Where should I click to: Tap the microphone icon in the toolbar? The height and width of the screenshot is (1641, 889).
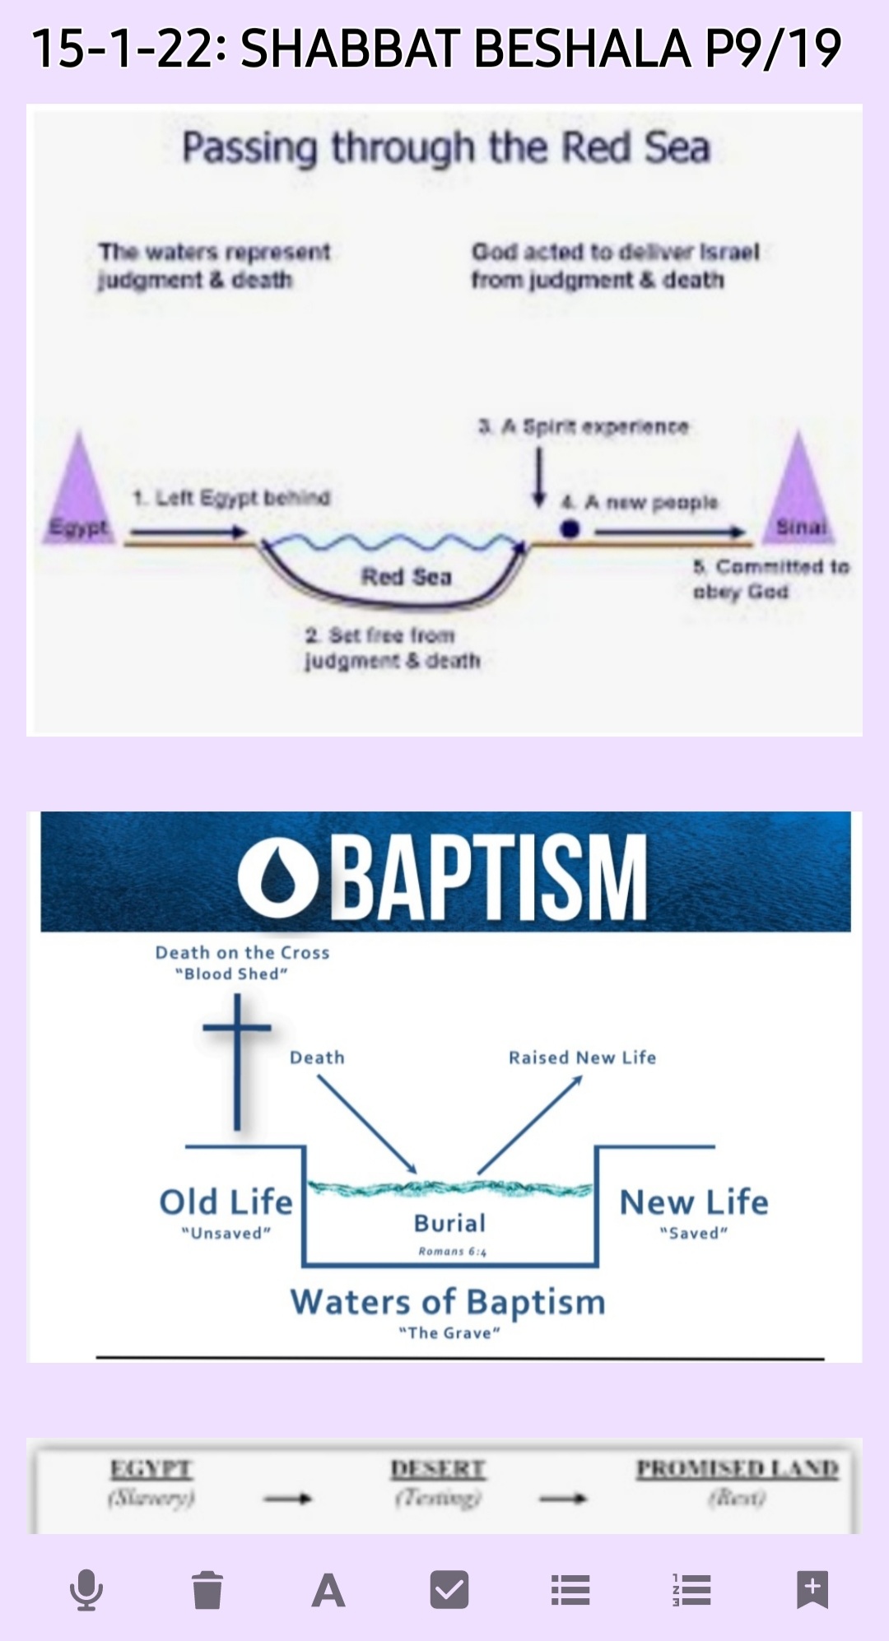click(x=86, y=1589)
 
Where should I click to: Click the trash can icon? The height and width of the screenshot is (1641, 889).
click(x=207, y=1589)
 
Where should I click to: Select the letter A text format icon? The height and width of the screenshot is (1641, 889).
click(x=328, y=1590)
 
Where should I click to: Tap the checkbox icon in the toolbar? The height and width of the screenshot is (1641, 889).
click(x=449, y=1589)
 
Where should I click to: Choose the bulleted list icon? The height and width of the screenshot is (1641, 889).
click(x=570, y=1590)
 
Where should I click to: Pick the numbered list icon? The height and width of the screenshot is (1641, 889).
click(x=691, y=1590)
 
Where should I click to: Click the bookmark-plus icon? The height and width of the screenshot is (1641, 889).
click(x=812, y=1589)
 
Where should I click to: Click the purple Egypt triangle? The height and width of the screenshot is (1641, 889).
click(x=78, y=494)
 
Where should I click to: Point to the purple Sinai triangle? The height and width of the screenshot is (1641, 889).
click(x=798, y=494)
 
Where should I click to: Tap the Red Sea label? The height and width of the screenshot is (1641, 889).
click(x=407, y=577)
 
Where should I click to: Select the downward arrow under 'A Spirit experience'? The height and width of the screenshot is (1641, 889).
click(x=539, y=477)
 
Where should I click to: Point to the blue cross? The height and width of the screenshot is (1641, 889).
click(x=237, y=1062)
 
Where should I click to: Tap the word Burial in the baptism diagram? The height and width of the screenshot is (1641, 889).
click(x=449, y=1223)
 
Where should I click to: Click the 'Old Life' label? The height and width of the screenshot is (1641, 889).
click(x=226, y=1202)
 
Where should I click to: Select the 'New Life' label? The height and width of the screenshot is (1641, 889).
click(x=694, y=1202)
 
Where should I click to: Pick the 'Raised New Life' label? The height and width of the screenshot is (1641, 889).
click(x=582, y=1058)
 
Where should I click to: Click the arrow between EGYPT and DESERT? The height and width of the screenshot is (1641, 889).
click(x=287, y=1499)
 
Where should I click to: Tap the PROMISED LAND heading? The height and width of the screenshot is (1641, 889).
click(x=738, y=1469)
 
